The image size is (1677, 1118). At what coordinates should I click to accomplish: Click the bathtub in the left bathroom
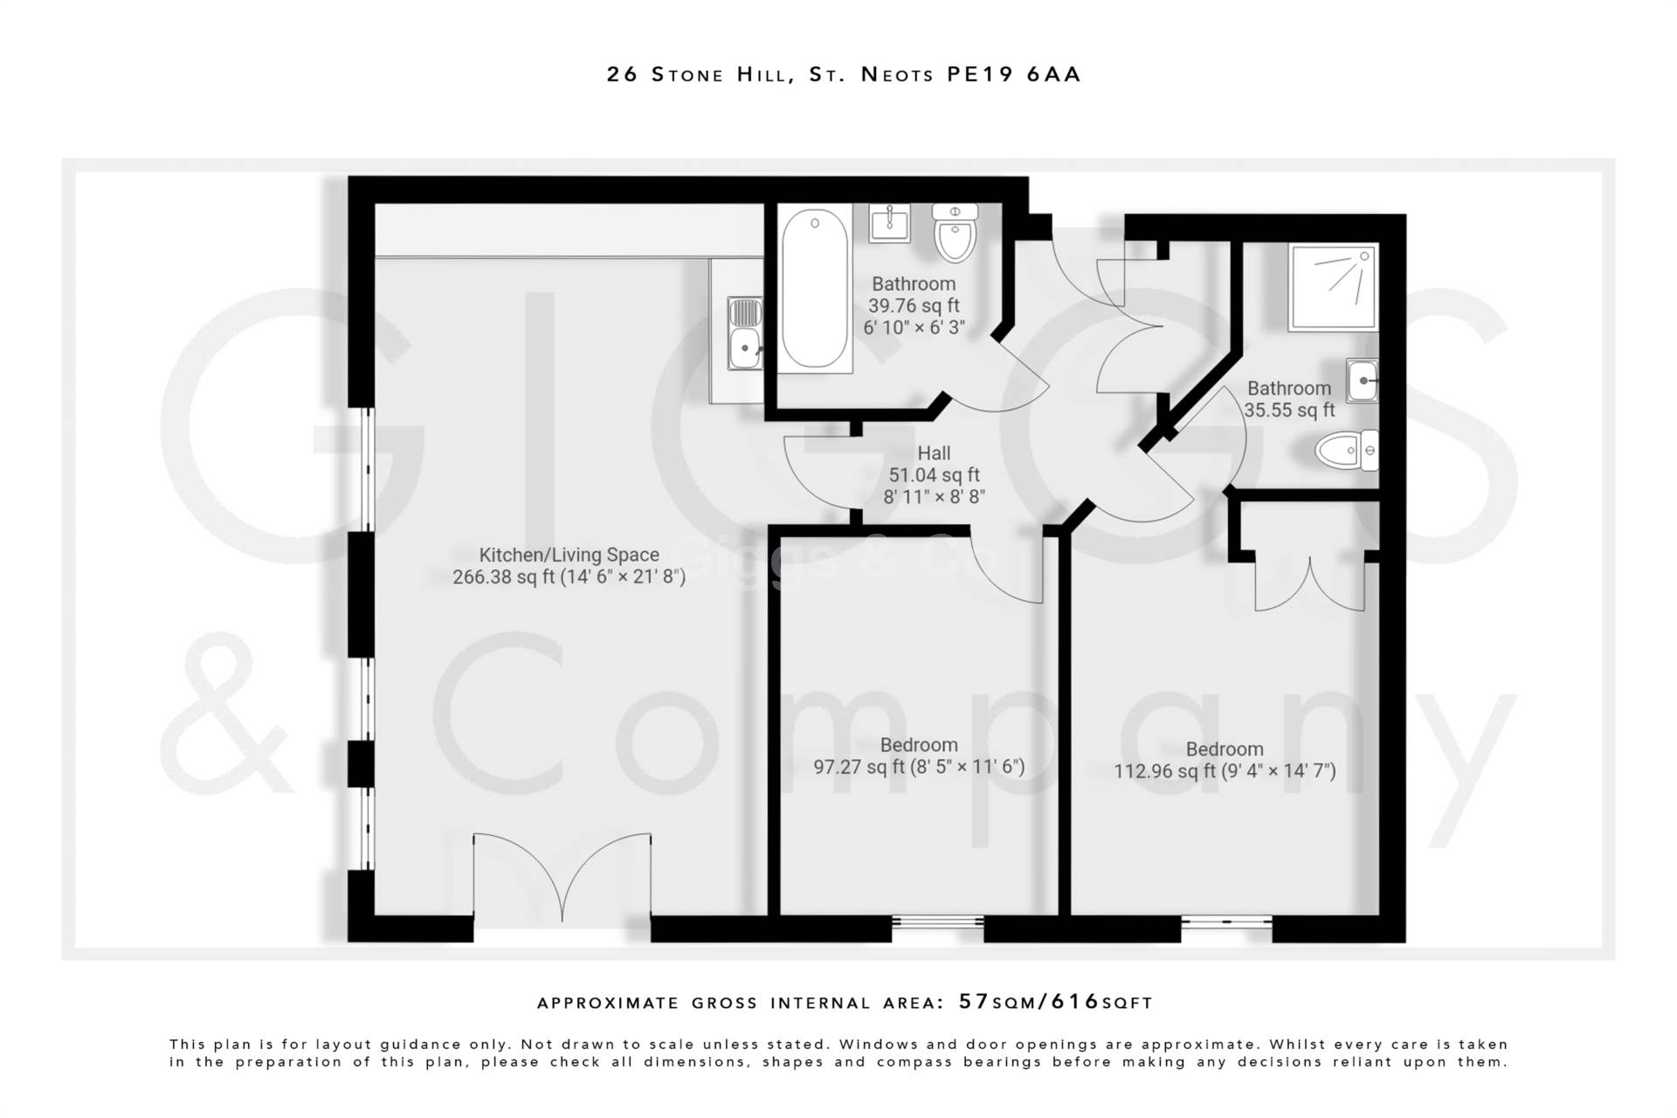(814, 288)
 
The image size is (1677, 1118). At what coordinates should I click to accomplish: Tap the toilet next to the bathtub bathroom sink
(955, 233)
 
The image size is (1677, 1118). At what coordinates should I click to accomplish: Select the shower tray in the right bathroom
(1333, 286)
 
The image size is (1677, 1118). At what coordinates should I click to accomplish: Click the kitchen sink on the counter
(745, 335)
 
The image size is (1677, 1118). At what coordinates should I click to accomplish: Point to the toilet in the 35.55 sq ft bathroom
(1346, 451)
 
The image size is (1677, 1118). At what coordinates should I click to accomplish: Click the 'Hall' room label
(934, 453)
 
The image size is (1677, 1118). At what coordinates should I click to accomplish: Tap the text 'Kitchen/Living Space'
(569, 555)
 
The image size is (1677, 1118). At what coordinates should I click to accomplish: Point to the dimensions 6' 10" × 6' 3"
(914, 328)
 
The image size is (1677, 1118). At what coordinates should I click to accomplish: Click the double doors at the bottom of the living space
(562, 878)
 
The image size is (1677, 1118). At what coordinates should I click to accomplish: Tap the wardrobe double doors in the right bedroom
(1310, 583)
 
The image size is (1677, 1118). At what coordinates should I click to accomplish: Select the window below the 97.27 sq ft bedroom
(937, 921)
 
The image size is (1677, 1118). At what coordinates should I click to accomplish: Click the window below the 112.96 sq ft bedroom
(1226, 921)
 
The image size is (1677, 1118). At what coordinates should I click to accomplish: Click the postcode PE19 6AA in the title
(1014, 74)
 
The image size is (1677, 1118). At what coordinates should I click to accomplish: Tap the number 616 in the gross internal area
(1075, 1002)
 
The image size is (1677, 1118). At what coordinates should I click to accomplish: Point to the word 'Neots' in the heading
(897, 74)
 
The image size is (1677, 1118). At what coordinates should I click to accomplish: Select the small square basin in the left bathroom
(889, 224)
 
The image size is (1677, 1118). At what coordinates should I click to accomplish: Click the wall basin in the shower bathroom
(1362, 381)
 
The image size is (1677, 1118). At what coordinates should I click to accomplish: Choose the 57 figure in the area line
(974, 1002)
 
